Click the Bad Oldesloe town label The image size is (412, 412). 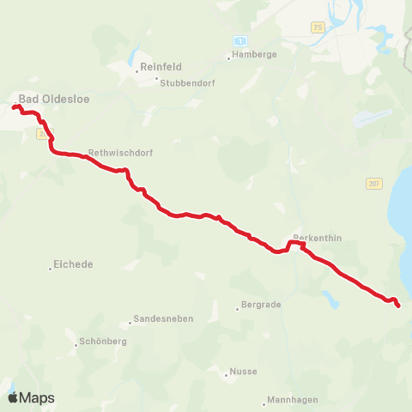[54, 99]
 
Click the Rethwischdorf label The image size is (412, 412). [120, 152]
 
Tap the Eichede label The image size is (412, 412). [73, 264]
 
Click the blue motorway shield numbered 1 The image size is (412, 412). [240, 40]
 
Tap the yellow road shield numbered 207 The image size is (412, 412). [373, 183]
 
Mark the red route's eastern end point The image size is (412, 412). [397, 305]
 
